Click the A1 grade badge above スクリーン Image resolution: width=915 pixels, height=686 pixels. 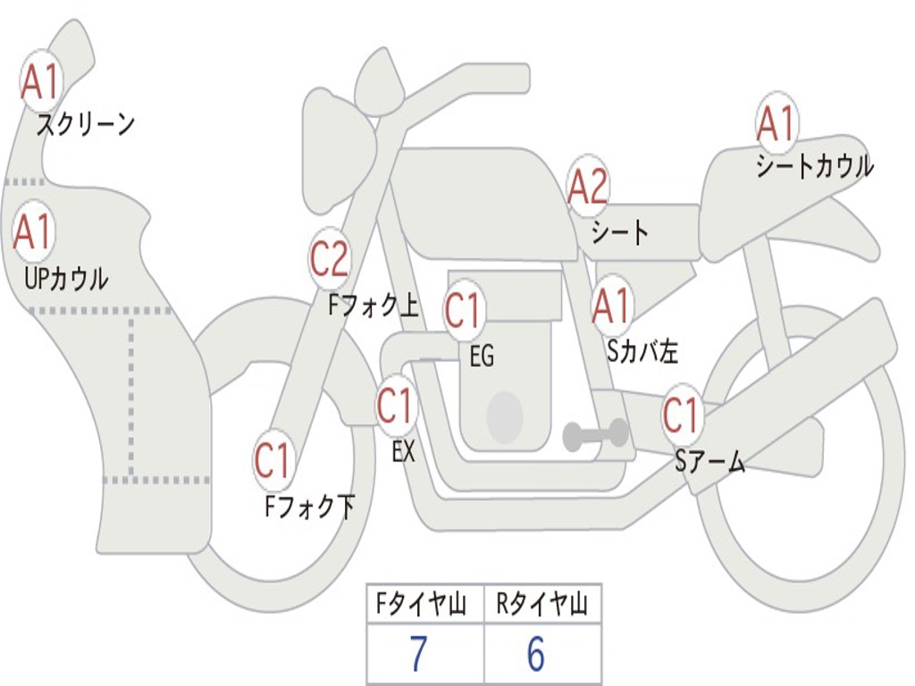(x=40, y=83)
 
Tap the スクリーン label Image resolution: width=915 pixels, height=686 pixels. (x=85, y=124)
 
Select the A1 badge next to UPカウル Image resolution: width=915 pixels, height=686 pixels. (x=33, y=232)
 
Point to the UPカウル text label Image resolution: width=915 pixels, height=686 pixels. (x=65, y=279)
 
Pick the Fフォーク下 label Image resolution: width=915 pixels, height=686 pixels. (x=309, y=507)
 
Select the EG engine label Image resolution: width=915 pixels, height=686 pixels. (x=482, y=357)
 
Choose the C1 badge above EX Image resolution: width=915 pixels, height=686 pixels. (x=396, y=406)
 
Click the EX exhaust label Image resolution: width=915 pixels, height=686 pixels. (x=404, y=452)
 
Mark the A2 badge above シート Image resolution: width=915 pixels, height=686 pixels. (x=588, y=187)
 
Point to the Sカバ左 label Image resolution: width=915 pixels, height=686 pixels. (x=642, y=352)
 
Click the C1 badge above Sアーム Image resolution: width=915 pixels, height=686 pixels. (x=682, y=415)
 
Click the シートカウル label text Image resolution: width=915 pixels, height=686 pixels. (x=814, y=167)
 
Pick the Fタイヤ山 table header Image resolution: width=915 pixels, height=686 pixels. (x=424, y=607)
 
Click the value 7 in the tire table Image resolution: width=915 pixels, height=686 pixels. (x=419, y=655)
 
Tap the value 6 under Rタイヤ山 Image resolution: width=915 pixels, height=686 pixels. (x=536, y=655)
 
